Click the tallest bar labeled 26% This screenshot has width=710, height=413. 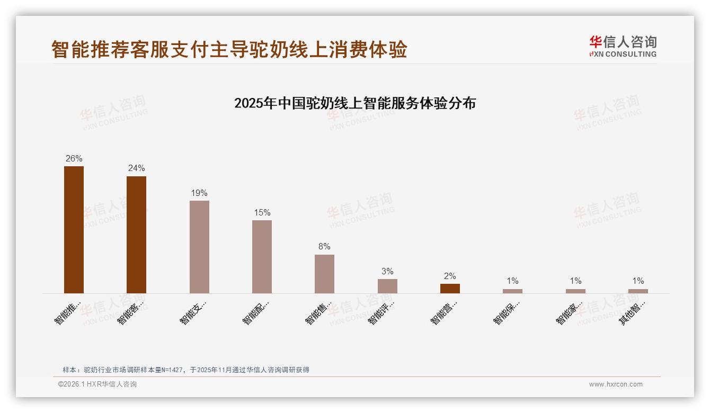coord(74,229)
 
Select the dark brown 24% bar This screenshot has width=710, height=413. coord(136,235)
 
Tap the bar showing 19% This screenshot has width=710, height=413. coord(199,247)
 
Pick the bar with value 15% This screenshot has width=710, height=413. coord(262,256)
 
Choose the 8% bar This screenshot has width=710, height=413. coord(324,274)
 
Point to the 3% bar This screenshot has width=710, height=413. coord(387,286)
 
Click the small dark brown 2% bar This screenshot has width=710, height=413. coord(450,289)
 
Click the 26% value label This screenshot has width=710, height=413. coord(74,158)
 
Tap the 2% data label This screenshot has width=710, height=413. coord(450,276)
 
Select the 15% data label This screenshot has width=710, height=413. coord(262,212)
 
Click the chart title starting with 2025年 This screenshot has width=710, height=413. coord(355,103)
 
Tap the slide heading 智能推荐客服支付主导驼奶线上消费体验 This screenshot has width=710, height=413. coord(229,49)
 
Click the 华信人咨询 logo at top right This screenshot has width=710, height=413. coord(623,46)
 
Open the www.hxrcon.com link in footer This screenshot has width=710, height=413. coord(616,384)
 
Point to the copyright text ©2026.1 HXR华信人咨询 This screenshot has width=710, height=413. coord(97,384)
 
